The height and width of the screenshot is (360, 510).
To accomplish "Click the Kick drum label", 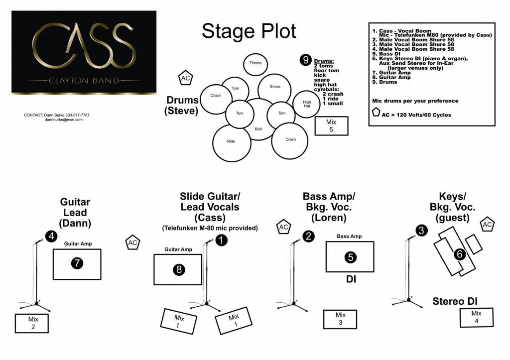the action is click(258, 129).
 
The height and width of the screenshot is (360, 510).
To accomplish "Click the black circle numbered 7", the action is click(77, 263).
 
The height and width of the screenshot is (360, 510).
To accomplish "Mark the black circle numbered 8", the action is click(179, 269).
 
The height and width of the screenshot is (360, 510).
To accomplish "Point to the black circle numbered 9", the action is click(306, 60).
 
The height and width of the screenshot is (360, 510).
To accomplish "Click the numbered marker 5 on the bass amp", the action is click(351, 257).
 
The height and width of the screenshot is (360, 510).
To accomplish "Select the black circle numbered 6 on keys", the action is click(460, 254).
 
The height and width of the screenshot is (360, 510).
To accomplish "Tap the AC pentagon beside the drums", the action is click(185, 78).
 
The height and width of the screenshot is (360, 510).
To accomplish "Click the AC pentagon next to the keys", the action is click(487, 225).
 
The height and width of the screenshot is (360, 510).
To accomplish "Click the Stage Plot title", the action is click(249, 32).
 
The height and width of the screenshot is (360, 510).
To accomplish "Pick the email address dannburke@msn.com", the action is click(63, 120).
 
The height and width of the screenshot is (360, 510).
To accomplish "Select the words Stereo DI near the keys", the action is click(455, 301).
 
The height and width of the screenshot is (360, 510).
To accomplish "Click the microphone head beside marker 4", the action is click(40, 241).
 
